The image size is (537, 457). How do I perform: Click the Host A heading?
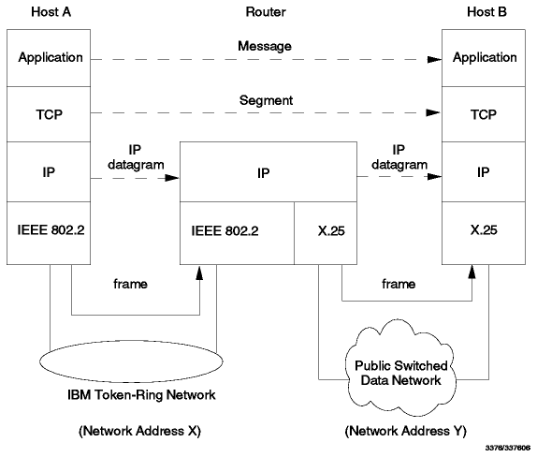tap(51, 12)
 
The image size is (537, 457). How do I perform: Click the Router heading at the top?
tap(266, 12)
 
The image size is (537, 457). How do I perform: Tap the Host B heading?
tap(486, 12)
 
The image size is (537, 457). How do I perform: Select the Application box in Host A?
tap(49, 58)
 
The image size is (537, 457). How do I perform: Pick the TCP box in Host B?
tap(484, 114)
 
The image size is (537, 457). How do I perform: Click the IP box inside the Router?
tap(268, 171)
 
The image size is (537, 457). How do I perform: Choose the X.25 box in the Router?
tap(326, 233)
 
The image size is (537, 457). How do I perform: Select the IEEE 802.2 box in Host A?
tap(49, 233)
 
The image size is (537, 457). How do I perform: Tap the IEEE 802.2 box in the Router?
tap(237, 233)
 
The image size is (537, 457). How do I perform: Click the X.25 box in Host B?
tap(484, 233)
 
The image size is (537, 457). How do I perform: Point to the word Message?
tap(265, 46)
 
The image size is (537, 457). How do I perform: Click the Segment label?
tap(266, 100)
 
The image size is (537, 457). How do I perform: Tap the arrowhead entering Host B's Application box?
tap(435, 60)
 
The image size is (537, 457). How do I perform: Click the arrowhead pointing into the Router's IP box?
tap(172, 178)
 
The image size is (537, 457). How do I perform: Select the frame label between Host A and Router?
tap(130, 284)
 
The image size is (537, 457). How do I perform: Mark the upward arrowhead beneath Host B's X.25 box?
tap(472, 272)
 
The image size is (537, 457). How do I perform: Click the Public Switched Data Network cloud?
tap(400, 367)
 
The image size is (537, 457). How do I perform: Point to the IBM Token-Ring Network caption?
tap(141, 395)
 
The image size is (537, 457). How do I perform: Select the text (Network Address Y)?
tap(405, 431)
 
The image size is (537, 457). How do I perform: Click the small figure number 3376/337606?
tap(508, 448)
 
